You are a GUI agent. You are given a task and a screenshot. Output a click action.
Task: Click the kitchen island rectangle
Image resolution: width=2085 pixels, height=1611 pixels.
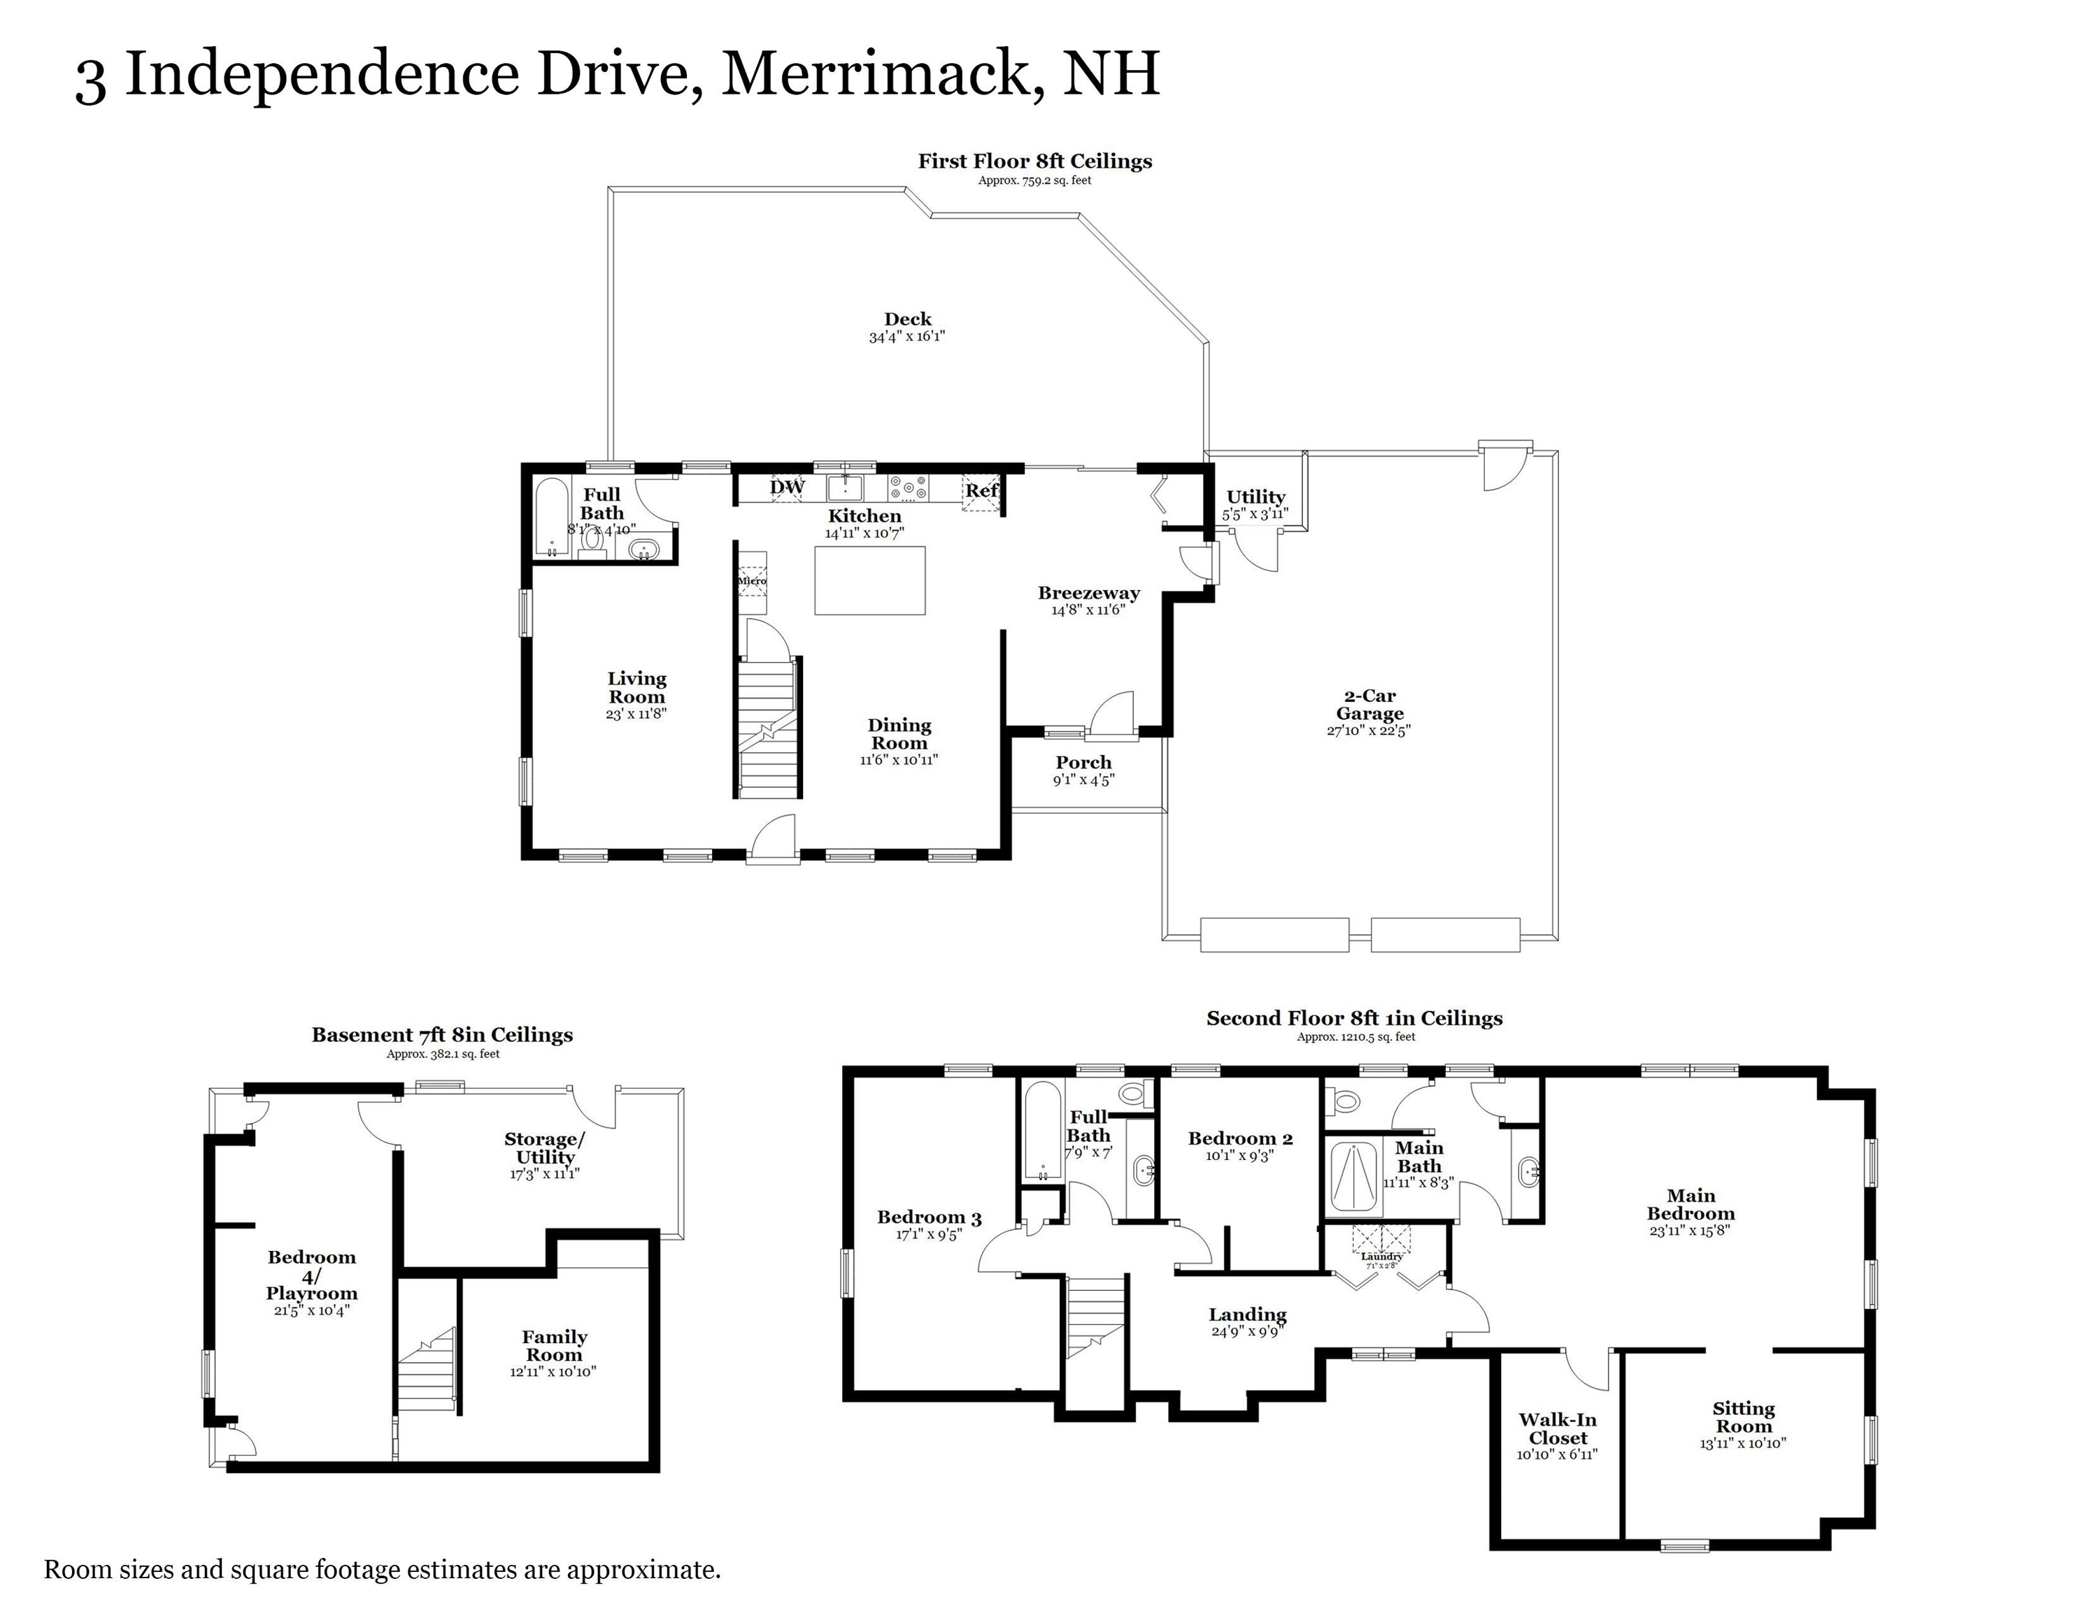(869, 580)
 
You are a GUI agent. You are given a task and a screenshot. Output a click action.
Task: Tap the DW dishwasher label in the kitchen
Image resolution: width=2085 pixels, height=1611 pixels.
(788, 487)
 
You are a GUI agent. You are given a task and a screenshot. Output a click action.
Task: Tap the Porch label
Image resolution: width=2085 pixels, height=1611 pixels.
(1083, 763)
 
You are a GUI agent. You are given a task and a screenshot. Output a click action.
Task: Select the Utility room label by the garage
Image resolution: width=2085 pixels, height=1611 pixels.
(1255, 496)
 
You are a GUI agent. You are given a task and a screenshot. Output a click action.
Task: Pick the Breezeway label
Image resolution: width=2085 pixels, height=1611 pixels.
(1088, 593)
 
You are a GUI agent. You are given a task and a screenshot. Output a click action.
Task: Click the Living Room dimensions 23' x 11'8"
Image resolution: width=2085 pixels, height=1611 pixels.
(636, 714)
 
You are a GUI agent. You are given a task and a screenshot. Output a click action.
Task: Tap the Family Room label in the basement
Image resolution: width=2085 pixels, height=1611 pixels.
(554, 1346)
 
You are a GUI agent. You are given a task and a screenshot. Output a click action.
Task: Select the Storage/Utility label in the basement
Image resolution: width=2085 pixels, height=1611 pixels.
(544, 1148)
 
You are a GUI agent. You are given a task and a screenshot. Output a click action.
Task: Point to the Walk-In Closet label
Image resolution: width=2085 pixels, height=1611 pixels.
(1557, 1429)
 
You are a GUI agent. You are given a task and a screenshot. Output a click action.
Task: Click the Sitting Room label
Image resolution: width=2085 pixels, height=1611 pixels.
(1742, 1417)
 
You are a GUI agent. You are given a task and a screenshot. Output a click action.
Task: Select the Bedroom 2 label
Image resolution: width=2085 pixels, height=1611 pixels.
(1240, 1138)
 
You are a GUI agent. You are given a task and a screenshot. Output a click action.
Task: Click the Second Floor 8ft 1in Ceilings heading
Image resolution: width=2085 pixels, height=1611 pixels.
(1353, 1018)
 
